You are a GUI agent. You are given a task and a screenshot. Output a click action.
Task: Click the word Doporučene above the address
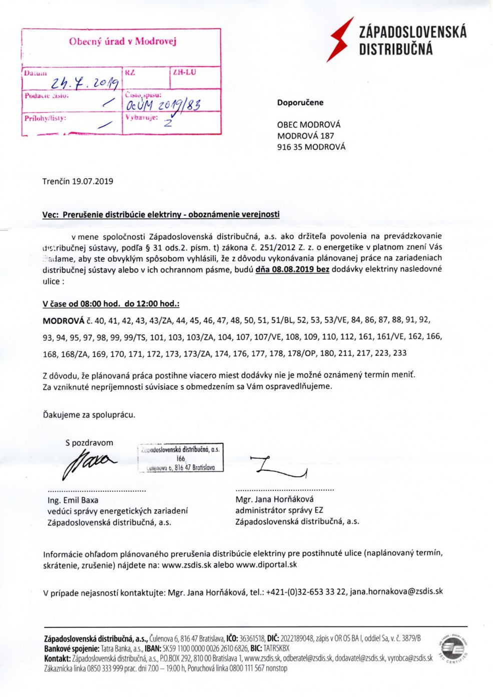pyautogui.click(x=300, y=103)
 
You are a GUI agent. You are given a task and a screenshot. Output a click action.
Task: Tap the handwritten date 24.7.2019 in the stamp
pyautogui.click(x=88, y=83)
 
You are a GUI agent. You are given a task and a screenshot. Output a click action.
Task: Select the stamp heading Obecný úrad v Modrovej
pyautogui.click(x=123, y=42)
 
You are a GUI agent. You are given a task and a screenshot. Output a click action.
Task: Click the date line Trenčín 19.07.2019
pyautogui.click(x=78, y=181)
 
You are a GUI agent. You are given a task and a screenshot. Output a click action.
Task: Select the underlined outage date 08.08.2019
pyautogui.click(x=292, y=269)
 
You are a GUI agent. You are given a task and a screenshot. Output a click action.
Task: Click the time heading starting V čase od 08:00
pyautogui.click(x=111, y=304)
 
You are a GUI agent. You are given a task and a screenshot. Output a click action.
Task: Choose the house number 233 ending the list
pyautogui.click(x=399, y=353)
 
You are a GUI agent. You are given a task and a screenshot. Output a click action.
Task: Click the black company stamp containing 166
pyautogui.click(x=181, y=458)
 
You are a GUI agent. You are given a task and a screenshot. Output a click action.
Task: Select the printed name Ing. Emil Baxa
pyautogui.click(x=73, y=500)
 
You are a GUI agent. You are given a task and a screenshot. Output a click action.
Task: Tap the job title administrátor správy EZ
pyautogui.click(x=279, y=510)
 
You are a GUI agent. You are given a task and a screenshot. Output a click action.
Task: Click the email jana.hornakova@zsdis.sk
pyautogui.click(x=396, y=591)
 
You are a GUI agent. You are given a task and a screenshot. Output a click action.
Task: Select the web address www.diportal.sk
pyautogui.click(x=266, y=564)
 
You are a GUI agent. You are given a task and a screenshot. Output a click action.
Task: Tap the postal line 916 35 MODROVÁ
pyautogui.click(x=311, y=147)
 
